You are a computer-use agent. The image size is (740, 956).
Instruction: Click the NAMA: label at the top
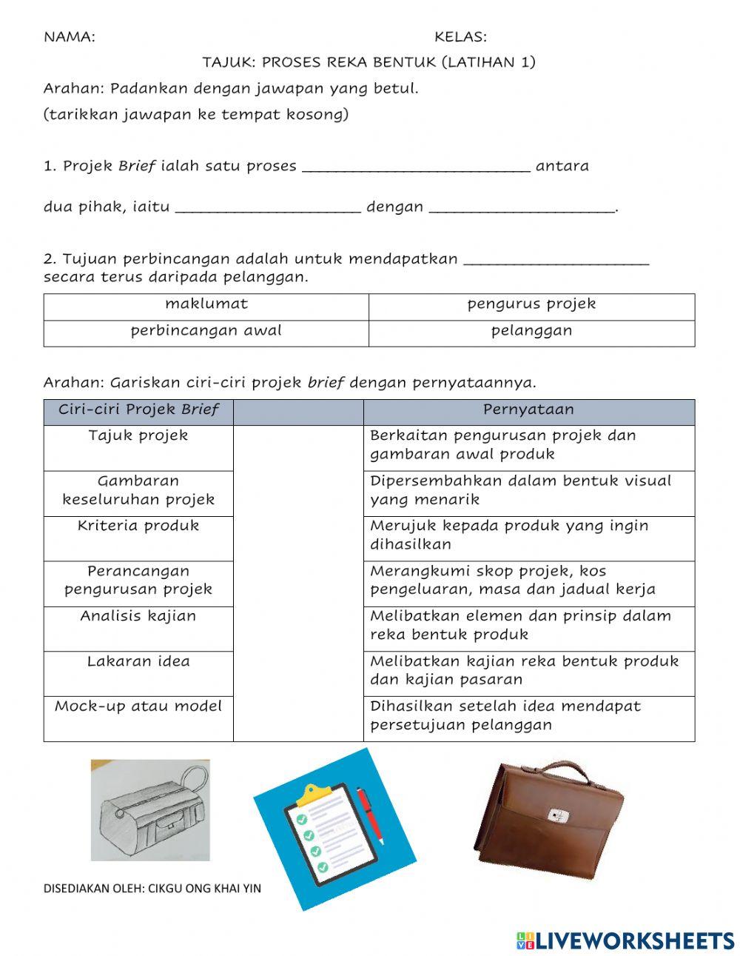70,37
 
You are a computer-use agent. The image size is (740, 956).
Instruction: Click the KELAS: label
460,37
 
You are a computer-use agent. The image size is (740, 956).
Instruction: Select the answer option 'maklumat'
206,304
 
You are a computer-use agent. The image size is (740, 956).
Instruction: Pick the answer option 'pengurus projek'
531,304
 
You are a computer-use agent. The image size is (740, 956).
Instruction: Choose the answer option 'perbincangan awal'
206,331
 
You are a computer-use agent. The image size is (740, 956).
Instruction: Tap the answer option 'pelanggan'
531,331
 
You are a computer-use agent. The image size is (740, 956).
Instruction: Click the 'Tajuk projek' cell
138,436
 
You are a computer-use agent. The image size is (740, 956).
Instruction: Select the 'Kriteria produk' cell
138,527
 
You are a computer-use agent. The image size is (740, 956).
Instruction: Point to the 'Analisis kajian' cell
138,617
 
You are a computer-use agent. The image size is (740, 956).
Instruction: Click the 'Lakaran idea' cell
138,662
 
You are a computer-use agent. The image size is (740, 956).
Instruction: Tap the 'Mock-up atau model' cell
138,707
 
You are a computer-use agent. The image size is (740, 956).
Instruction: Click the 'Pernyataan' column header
528,410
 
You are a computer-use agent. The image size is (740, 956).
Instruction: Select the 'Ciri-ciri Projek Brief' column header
138,410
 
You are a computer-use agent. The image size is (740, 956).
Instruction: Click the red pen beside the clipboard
370,815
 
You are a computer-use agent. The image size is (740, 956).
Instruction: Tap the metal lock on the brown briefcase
558,815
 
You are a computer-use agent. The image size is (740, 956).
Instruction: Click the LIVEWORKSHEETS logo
625,940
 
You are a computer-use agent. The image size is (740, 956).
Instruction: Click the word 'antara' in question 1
562,167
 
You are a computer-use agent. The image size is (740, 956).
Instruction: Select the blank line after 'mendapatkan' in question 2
556,260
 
